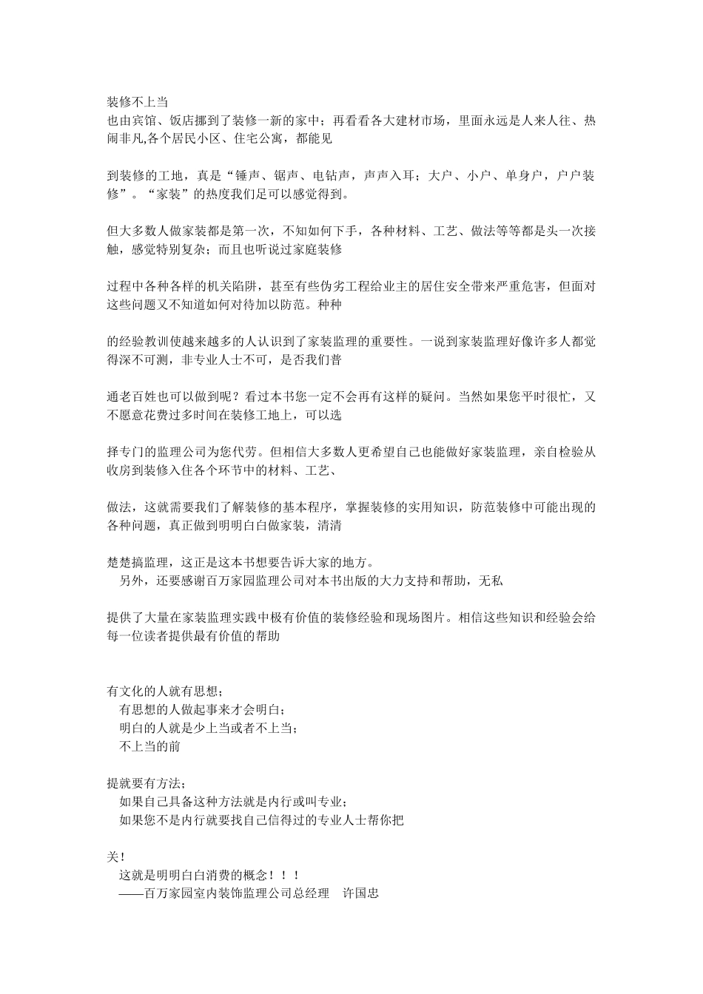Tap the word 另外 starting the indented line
pyautogui.click(x=132, y=581)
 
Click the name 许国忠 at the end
pyautogui.click(x=360, y=893)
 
